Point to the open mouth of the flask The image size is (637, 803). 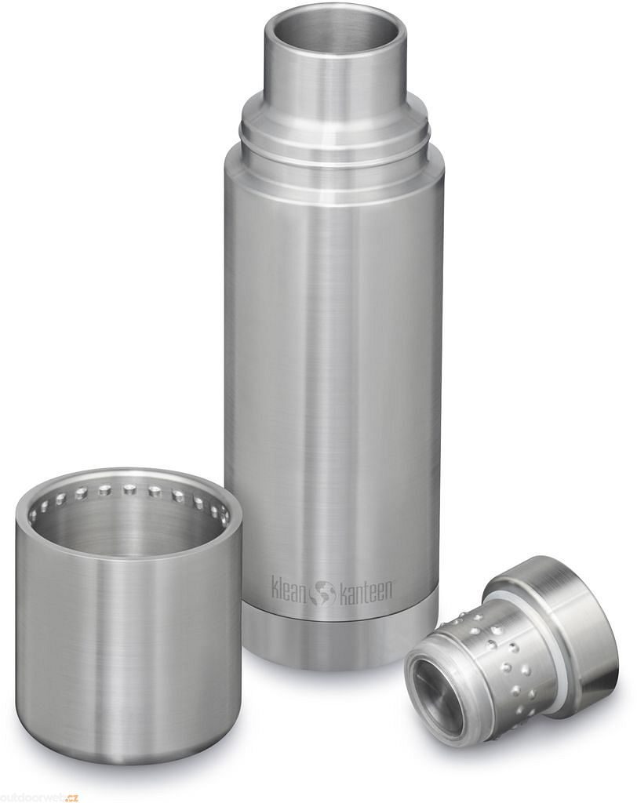tap(336, 27)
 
